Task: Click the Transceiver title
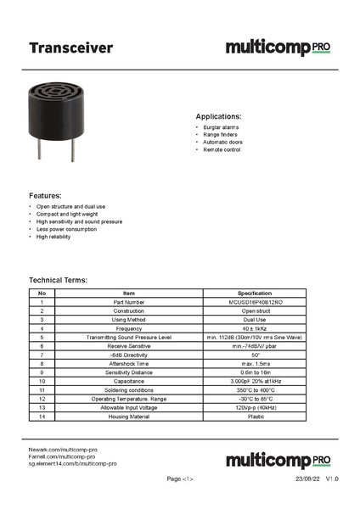(x=70, y=48)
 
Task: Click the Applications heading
(x=218, y=116)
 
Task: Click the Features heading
(x=45, y=195)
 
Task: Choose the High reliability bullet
(x=53, y=237)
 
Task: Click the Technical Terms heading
(x=59, y=280)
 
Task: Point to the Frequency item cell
(x=129, y=328)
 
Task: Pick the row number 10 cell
(x=41, y=381)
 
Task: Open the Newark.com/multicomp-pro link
(x=63, y=449)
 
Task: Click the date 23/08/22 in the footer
(x=307, y=480)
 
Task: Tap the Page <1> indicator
(x=180, y=480)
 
